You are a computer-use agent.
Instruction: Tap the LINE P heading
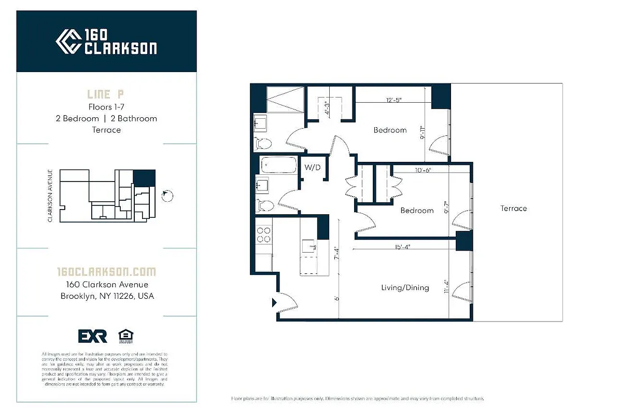click(106, 94)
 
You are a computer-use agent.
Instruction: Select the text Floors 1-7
click(106, 107)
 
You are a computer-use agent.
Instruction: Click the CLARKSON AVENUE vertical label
click(51, 196)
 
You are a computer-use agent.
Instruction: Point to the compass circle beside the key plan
click(167, 196)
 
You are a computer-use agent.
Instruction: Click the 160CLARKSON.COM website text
click(106, 272)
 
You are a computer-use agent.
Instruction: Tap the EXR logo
click(92, 336)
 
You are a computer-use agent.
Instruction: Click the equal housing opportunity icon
click(124, 336)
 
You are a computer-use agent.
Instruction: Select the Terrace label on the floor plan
click(513, 209)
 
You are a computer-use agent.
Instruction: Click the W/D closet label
click(313, 168)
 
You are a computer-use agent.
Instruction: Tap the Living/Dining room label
click(405, 287)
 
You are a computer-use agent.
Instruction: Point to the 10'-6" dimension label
click(423, 170)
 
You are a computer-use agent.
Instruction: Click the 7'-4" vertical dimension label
click(336, 253)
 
